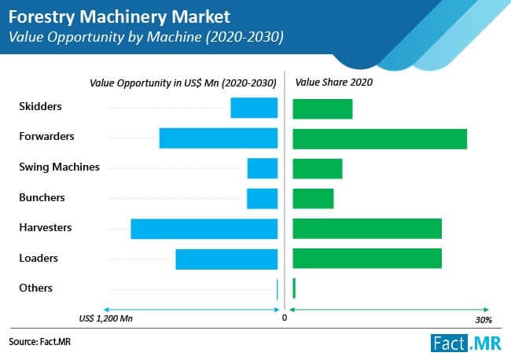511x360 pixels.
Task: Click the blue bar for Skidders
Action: point(254,108)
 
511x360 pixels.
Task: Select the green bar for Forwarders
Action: point(380,138)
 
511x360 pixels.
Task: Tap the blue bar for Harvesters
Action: point(204,229)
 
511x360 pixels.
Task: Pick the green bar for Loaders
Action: point(367,259)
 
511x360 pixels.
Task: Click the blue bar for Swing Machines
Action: point(263,168)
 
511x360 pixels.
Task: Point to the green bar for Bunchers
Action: point(313,198)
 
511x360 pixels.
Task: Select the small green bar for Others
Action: point(294,288)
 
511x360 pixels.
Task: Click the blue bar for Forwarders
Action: point(219,138)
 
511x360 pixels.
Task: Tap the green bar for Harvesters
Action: point(367,229)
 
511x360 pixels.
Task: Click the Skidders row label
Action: point(39,106)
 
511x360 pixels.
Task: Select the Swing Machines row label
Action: point(59,167)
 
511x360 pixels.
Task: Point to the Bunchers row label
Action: point(42,197)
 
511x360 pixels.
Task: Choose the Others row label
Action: point(35,288)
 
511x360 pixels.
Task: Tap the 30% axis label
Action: point(483,320)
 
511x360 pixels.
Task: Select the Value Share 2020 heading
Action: point(333,82)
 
